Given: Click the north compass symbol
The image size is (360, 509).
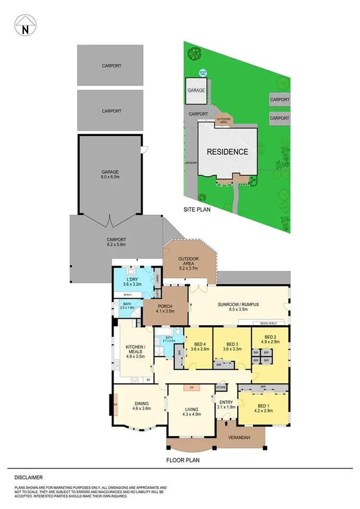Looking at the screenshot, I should click(x=25, y=25).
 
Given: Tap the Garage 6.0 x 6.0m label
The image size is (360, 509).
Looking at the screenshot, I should click(x=110, y=174).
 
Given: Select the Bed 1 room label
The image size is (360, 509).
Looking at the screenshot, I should click(x=262, y=407).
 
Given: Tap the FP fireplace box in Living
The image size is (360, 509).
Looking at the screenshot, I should click(x=191, y=387).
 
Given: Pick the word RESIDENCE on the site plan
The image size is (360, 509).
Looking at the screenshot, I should click(x=228, y=152).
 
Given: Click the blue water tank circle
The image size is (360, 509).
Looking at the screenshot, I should click(x=203, y=73).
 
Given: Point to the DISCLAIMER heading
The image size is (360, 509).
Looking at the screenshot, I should click(x=28, y=477).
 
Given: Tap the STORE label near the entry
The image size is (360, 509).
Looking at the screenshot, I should click(x=221, y=387).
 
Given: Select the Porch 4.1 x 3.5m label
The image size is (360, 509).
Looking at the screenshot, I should click(x=164, y=309).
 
